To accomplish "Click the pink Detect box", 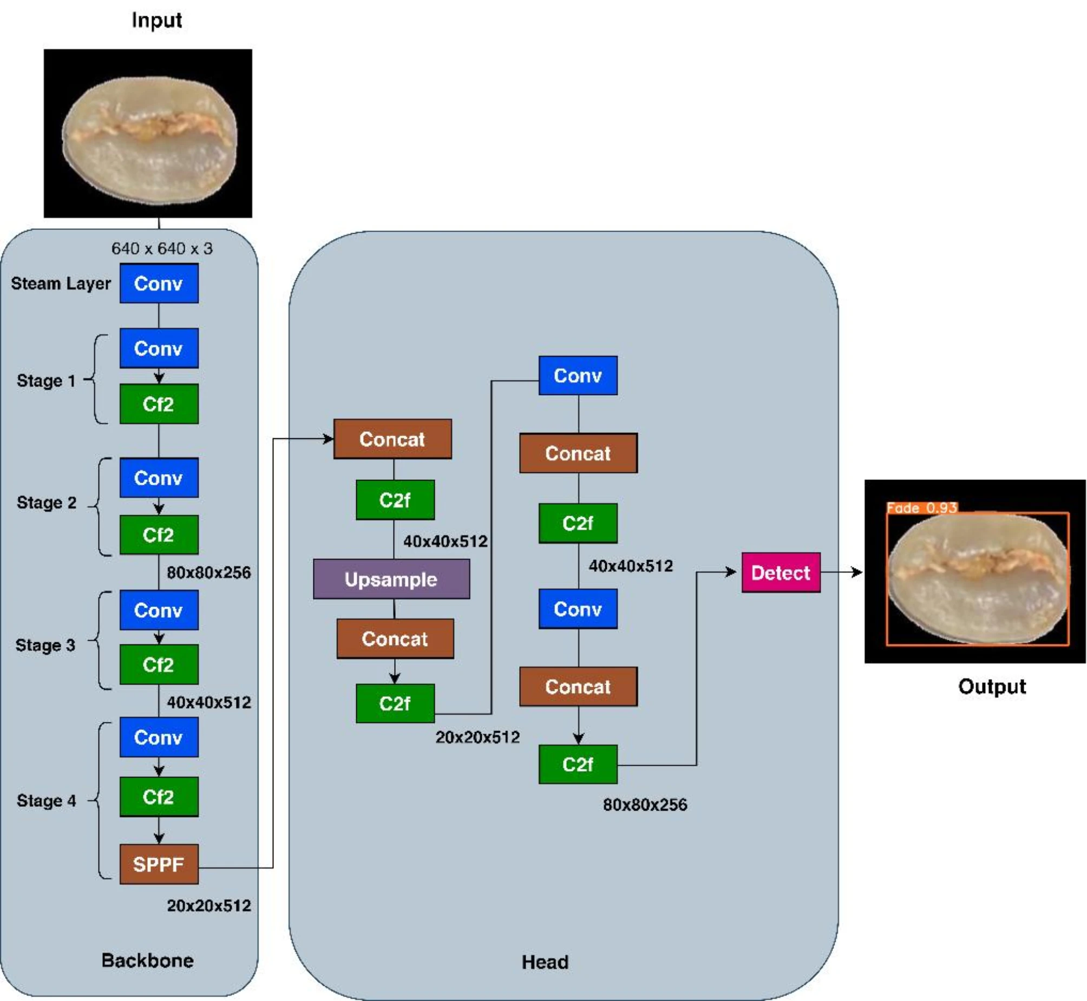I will (x=781, y=572).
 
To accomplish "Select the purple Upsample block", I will (x=391, y=579).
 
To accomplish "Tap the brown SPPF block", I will (x=159, y=864).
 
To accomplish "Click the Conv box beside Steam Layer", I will (x=159, y=284).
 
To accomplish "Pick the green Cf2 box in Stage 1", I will (x=159, y=404).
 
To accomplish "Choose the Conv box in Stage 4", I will (x=159, y=737).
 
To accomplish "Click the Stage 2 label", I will (x=47, y=503).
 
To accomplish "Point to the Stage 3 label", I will (x=45, y=645).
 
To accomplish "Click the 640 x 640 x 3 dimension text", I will (x=162, y=248).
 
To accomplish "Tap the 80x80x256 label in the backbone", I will (x=208, y=572).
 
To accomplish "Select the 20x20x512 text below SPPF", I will (x=208, y=906).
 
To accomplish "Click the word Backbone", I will (x=147, y=960).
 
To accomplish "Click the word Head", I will (x=545, y=962).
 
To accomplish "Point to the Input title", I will (x=156, y=21).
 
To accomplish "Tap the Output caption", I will (x=992, y=686).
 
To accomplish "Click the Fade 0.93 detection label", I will (x=922, y=508).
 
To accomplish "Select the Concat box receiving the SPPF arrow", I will (x=392, y=439).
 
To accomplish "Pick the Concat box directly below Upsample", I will (x=395, y=638).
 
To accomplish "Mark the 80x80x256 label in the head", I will (x=645, y=805).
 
